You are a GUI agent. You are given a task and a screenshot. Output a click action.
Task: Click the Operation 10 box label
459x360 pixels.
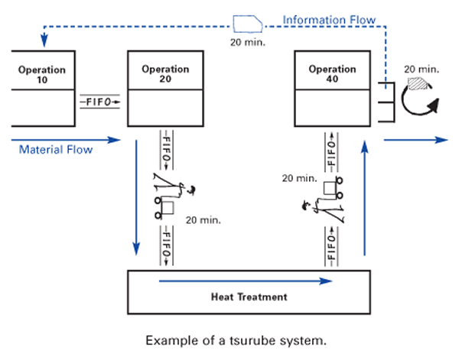pos(42,74)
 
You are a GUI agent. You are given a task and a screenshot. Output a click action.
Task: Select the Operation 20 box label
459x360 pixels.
pos(165,74)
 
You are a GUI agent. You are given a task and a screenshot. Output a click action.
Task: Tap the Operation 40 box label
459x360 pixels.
pos(332,74)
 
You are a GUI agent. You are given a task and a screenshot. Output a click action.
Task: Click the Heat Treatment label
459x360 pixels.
pos(249,296)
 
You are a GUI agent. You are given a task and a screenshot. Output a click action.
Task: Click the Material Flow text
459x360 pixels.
pos(56,150)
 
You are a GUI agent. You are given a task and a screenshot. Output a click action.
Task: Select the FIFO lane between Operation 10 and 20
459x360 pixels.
pos(100,100)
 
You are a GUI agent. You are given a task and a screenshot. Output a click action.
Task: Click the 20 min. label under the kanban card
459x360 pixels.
pos(247,42)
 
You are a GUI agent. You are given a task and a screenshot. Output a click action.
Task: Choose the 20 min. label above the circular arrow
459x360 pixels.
pos(422,67)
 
